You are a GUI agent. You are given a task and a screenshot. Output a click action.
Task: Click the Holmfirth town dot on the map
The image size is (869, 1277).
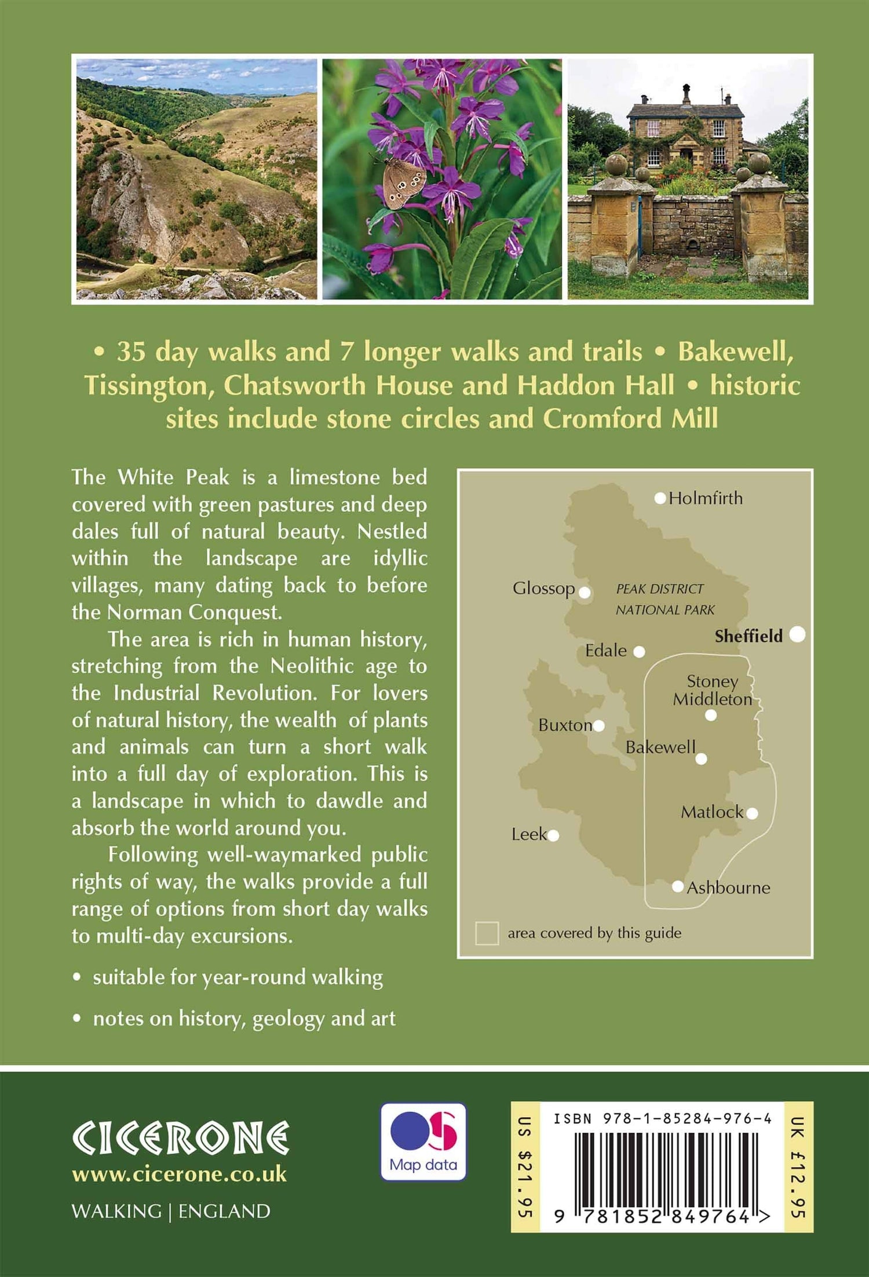point(660,498)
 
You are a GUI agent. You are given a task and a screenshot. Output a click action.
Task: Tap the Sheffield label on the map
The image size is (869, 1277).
point(748,636)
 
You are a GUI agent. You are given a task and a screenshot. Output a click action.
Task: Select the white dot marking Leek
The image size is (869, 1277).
point(553,835)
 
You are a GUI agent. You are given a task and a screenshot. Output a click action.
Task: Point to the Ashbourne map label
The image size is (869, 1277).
point(728,888)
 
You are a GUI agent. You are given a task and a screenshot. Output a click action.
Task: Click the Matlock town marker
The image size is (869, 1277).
point(752,813)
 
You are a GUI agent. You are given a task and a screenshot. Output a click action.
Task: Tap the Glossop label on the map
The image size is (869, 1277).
point(543,589)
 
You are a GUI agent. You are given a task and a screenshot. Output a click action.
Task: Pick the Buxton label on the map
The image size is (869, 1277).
point(565,725)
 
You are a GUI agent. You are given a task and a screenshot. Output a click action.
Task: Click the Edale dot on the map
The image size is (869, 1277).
point(639,652)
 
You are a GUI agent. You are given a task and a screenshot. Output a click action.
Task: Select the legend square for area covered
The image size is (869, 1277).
point(487,933)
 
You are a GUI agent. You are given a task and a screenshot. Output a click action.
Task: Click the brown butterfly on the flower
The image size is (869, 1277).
point(401,184)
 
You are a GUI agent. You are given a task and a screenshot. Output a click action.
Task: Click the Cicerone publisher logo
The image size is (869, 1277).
point(180,1137)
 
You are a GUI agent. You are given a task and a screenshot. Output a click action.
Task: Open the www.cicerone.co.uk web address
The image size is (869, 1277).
point(179,1174)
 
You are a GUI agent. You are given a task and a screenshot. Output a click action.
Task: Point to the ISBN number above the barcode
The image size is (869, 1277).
point(663,1119)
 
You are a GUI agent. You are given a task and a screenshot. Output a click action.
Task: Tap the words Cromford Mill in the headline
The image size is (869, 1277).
point(630,419)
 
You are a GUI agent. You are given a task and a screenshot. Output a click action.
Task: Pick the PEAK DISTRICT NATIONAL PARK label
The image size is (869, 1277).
point(664,599)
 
